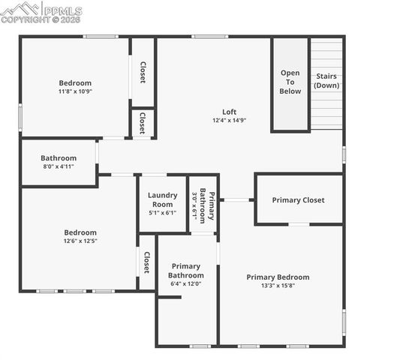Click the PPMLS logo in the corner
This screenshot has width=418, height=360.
click(41, 12)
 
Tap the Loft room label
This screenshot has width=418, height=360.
click(229, 112)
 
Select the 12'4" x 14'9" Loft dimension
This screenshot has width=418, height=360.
click(229, 121)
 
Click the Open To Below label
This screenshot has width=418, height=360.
click(290, 82)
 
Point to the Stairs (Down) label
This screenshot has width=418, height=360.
click(326, 80)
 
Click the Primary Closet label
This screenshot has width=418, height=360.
click(298, 200)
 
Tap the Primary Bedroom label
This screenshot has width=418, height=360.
click(278, 277)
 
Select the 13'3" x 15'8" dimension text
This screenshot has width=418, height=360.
click(278, 286)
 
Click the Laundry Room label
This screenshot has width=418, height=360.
click(162, 199)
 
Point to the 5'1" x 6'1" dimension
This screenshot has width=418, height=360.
click(162, 213)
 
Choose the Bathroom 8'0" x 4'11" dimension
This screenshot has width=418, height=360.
click(59, 167)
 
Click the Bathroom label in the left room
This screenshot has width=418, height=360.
click(59, 158)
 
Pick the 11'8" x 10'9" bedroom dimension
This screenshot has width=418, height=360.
click(75, 91)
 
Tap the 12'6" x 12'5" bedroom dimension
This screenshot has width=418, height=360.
click(80, 241)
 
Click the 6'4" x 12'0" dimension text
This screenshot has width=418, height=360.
click(185, 283)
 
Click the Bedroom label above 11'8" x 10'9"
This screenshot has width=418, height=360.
click(75, 83)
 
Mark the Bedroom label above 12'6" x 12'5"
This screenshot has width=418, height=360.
click(80, 232)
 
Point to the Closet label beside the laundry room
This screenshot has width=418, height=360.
click(147, 262)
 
